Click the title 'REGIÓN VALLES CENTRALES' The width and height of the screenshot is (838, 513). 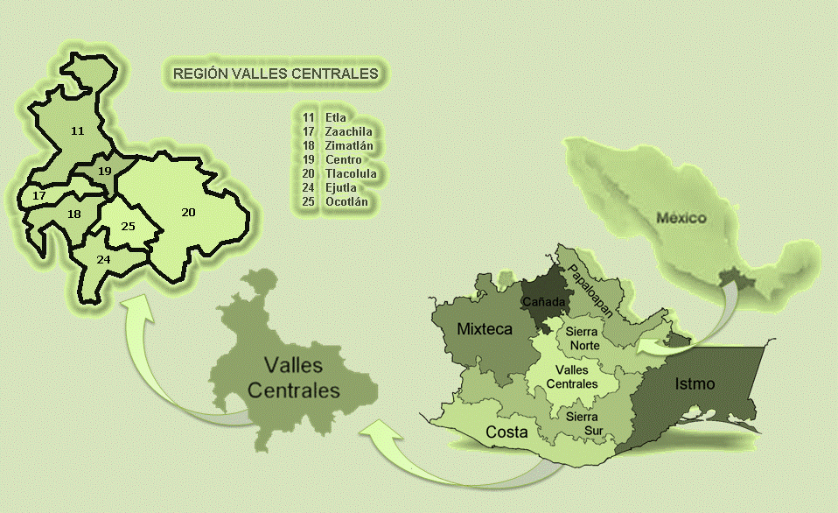(276, 74)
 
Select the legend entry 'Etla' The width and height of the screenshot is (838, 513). (335, 117)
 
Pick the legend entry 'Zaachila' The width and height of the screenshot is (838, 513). (347, 131)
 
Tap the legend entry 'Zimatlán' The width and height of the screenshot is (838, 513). (347, 145)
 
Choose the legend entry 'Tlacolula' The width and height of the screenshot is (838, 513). (348, 173)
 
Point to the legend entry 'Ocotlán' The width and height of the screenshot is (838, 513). (346, 201)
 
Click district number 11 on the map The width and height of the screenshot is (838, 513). (78, 130)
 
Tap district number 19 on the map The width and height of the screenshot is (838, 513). (105, 171)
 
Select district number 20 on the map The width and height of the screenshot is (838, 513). (188, 212)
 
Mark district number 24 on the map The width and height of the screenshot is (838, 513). (103, 259)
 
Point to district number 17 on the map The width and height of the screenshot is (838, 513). (38, 196)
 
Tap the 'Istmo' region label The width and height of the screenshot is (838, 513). (695, 383)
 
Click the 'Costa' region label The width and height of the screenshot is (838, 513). (506, 432)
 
